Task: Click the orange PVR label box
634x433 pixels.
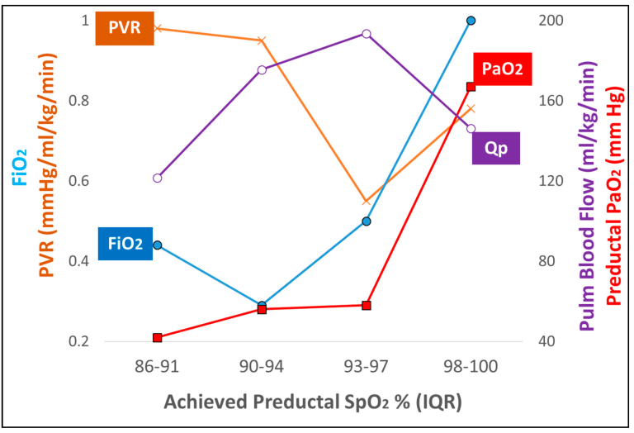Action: click(x=125, y=28)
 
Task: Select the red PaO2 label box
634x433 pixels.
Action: click(x=501, y=69)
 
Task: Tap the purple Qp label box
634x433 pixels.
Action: click(x=496, y=148)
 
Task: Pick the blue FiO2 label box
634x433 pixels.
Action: click(x=125, y=243)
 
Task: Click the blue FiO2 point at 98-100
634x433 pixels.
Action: click(x=471, y=21)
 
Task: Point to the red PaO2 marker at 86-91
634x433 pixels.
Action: click(x=157, y=337)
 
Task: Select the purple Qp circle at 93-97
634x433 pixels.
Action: click(x=366, y=34)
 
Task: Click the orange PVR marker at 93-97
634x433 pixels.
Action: click(x=366, y=202)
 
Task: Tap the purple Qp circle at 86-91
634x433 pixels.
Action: click(x=157, y=178)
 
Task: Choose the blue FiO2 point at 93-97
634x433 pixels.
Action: click(x=366, y=221)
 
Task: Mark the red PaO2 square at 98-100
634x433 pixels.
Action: click(x=471, y=87)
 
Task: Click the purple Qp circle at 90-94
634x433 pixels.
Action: click(x=262, y=69)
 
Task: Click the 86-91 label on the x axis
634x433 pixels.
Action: click(x=157, y=367)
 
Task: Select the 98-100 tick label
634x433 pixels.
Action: click(x=471, y=367)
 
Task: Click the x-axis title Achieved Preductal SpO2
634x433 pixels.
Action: click(x=313, y=402)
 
